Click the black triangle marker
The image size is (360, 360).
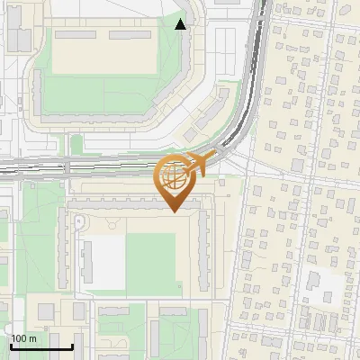coord(181,24)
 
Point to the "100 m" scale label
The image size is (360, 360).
coord(24,338)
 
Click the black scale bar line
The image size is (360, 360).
coord(41,346)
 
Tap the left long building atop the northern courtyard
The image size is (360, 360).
coord(76,35)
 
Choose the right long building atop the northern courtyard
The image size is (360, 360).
coord(131,35)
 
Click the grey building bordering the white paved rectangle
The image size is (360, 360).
coord(87,261)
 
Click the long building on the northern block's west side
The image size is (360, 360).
coord(38,90)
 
